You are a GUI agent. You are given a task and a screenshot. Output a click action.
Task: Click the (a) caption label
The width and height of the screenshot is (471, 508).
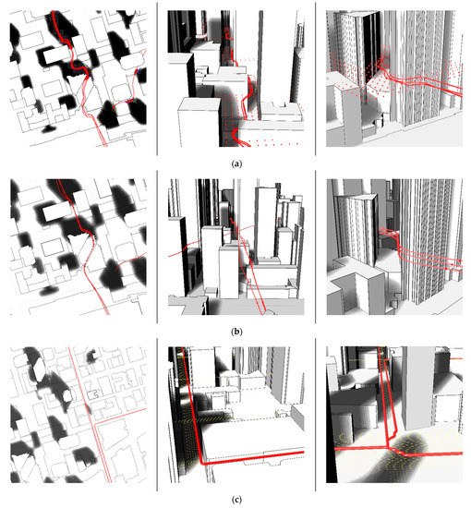[x=236, y=163]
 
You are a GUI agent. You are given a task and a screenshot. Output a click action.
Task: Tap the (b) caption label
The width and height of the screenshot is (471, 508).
[x=236, y=332]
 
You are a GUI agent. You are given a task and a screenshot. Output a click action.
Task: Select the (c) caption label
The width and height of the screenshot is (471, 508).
[x=236, y=500]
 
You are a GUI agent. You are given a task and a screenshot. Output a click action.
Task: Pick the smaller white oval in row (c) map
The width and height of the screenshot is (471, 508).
[x=66, y=395]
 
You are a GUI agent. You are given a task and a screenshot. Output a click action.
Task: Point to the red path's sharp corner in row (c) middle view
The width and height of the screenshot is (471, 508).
[x=202, y=463]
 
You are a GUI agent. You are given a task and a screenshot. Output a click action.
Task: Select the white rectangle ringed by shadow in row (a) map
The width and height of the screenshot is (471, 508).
[x=57, y=55]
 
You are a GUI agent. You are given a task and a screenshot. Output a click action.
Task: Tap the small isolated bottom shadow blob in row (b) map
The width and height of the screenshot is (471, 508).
[x=48, y=291]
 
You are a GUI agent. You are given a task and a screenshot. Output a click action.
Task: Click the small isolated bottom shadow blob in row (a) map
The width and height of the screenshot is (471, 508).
[x=49, y=129]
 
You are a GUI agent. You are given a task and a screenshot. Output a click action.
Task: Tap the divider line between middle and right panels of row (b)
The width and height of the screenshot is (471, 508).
[x=316, y=247]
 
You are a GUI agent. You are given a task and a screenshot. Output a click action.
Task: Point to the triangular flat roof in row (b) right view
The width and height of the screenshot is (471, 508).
[x=356, y=198]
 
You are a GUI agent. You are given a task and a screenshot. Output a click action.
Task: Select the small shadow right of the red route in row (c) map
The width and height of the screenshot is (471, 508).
[x=91, y=356]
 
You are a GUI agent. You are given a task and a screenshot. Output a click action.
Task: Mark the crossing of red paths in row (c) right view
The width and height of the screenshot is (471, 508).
[x=388, y=448]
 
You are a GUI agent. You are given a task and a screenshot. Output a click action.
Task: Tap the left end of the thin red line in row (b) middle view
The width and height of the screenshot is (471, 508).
[x=169, y=256]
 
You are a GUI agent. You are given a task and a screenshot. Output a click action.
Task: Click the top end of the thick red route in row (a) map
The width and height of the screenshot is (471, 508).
[x=54, y=12]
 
